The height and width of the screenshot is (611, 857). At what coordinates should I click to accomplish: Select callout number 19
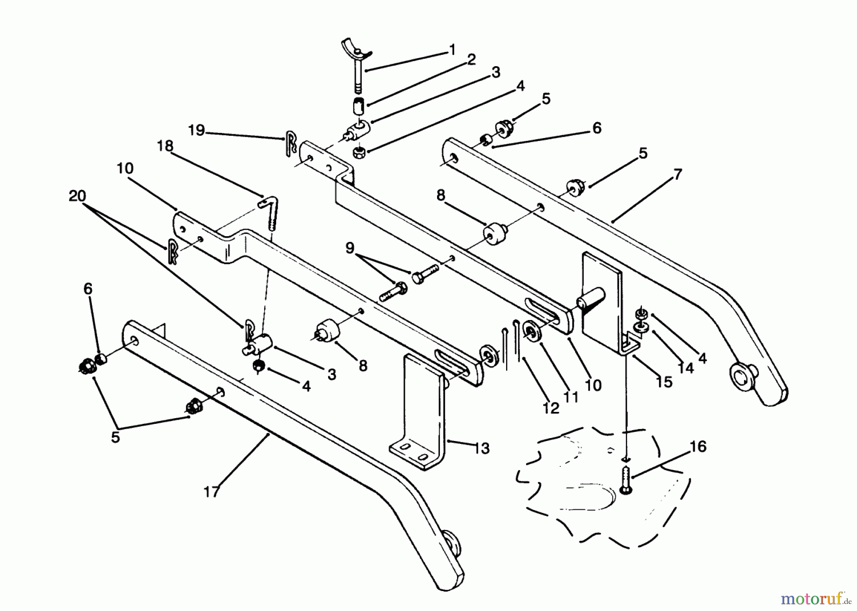pos(196,130)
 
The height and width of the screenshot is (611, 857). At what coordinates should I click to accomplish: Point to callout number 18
pos(165,146)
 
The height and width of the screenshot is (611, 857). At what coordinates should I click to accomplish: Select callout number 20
pos(77,196)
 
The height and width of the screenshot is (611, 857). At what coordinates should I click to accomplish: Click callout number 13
pos(482,449)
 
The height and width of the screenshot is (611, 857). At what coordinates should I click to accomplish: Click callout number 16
pos(698,447)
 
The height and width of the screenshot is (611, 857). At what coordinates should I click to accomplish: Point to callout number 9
pos(350,248)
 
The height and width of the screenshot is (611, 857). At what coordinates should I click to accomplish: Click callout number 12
pos(551,408)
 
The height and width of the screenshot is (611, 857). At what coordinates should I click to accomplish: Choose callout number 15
pos(664,381)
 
